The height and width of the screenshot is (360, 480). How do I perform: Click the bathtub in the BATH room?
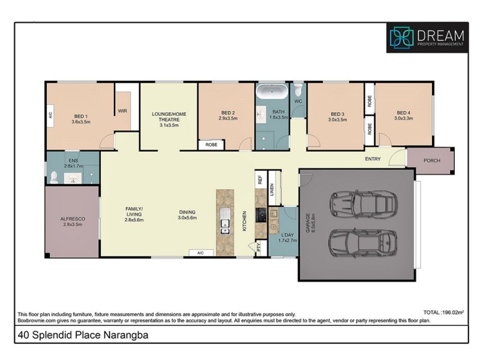click(x=272, y=91)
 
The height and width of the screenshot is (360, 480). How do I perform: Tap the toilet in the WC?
click(x=298, y=90)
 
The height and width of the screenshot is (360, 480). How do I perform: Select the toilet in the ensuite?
click(x=54, y=178)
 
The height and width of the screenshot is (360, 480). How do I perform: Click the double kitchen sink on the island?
click(x=224, y=221)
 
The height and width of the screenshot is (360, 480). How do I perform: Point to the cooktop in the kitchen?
click(x=261, y=215)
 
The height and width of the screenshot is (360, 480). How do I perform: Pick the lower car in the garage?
click(x=363, y=242)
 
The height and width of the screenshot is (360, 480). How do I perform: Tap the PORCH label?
click(x=431, y=160)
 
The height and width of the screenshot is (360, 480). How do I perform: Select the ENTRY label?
click(x=373, y=159)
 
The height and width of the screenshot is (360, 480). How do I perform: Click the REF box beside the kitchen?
click(x=260, y=179)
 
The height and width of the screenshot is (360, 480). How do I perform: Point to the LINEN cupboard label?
click(x=272, y=190)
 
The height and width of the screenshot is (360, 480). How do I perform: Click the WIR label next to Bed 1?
click(x=122, y=111)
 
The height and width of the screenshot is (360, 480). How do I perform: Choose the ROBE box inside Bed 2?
click(x=211, y=145)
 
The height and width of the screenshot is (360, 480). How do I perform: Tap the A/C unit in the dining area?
click(x=201, y=253)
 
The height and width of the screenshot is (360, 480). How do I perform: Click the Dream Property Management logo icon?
click(x=401, y=38)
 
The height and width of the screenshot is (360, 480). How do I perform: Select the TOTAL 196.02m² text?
click(x=443, y=313)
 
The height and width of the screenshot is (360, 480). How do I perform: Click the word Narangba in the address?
click(x=126, y=335)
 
